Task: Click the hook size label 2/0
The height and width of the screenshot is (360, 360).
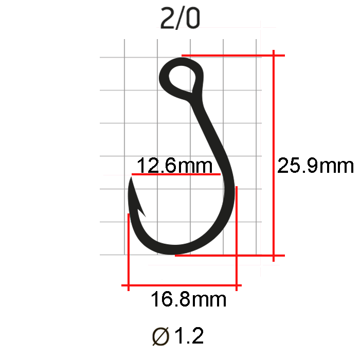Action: click(180, 19)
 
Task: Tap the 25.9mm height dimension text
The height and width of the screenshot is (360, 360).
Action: click(315, 165)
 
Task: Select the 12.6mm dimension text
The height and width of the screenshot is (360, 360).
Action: click(174, 165)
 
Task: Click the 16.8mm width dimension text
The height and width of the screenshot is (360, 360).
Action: click(189, 299)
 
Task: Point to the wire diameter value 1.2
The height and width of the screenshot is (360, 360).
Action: click(189, 335)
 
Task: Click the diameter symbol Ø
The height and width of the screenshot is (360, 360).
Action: click(160, 336)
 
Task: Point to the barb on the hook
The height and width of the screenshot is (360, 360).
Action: click(141, 212)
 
